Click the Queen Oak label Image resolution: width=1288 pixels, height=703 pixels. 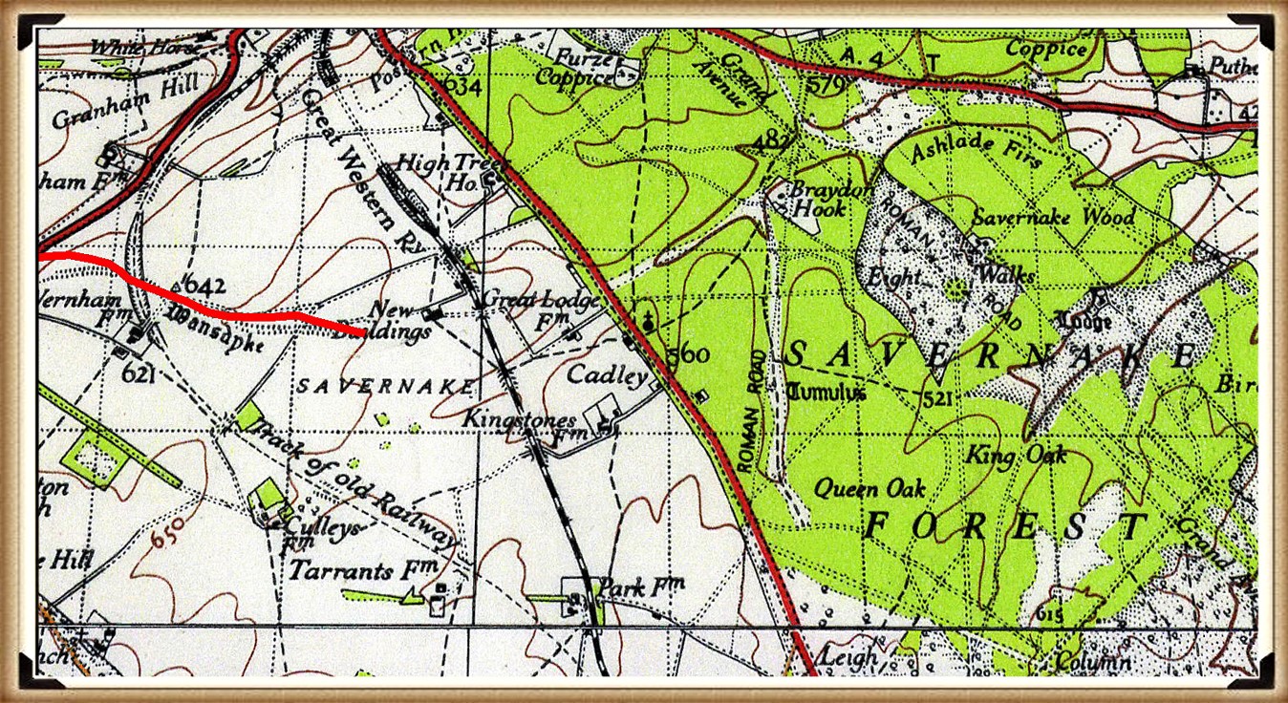click(x=869, y=489)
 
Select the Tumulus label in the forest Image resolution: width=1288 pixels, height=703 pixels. click(x=827, y=393)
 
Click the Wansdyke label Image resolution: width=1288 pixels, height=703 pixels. click(x=216, y=330)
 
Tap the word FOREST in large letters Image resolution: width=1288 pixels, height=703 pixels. click(x=1003, y=527)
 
